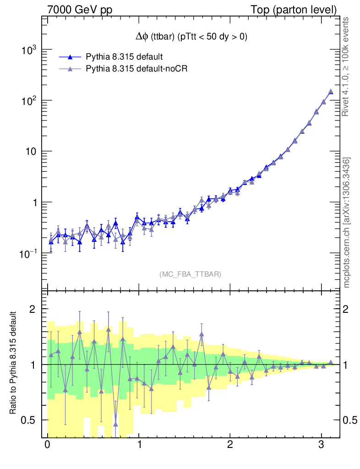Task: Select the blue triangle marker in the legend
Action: point(70,57)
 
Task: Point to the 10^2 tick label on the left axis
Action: point(29,100)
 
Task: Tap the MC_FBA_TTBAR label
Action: point(191,274)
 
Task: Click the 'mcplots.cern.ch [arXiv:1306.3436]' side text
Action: point(347,223)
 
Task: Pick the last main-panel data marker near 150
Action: point(331,92)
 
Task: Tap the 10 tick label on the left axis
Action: point(32,152)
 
